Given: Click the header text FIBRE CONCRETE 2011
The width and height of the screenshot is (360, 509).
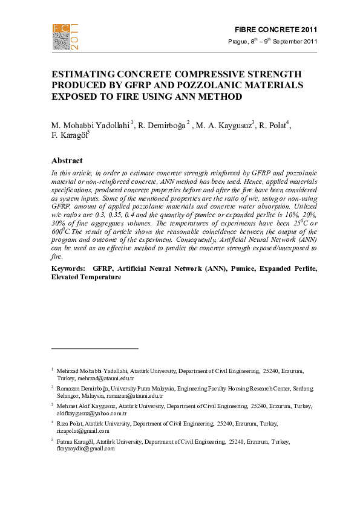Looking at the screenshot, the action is tap(275, 30).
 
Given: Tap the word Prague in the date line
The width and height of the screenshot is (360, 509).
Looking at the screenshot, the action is tap(237, 42).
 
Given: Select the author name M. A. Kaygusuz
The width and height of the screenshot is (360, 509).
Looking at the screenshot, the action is tap(223, 125).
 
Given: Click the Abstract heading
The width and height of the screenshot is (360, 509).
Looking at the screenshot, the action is tap(67, 161).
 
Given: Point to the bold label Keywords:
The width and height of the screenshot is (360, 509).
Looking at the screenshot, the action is tap(70, 267).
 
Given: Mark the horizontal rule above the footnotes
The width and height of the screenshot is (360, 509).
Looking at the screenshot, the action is tap(95, 348).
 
